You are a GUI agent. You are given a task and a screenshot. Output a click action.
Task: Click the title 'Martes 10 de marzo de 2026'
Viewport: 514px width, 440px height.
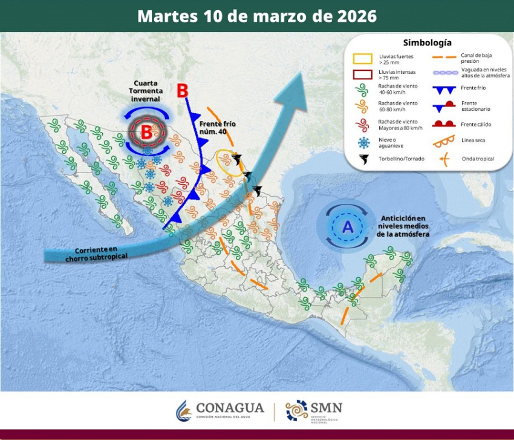point(256,16)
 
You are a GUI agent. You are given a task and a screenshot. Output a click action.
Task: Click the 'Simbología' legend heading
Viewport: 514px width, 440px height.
point(427,43)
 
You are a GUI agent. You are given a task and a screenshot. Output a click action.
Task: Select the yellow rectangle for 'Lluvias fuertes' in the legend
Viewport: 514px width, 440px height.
point(362,59)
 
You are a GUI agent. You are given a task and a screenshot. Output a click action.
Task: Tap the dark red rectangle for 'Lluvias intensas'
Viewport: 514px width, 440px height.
point(362,75)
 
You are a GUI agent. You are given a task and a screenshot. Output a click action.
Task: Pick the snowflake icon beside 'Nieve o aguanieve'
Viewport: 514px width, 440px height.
point(363,143)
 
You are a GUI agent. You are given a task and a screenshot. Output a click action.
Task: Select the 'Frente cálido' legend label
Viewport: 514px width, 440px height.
point(476,124)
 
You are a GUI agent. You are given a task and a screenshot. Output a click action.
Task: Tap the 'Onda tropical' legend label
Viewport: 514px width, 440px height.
point(477,159)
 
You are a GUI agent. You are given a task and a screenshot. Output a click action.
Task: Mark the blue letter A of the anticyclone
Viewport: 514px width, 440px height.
point(348,227)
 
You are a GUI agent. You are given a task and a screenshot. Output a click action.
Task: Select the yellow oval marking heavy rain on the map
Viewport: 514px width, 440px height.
point(229,162)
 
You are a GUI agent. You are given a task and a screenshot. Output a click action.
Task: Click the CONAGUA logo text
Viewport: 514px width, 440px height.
point(230,409)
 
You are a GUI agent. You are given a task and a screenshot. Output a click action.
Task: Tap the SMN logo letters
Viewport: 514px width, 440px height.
point(327,407)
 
